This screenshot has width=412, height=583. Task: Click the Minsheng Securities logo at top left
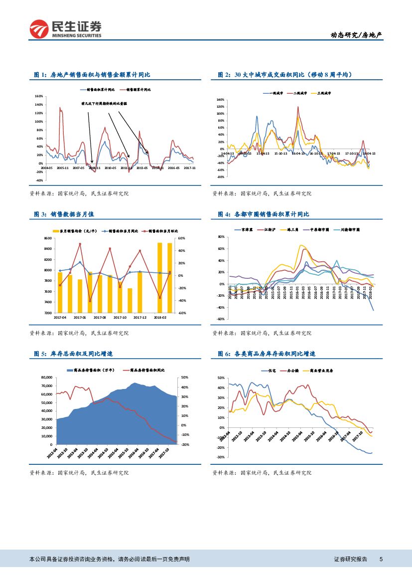click(65, 29)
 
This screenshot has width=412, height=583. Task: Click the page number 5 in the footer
click(381, 559)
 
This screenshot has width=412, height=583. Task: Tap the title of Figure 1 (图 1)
click(92, 75)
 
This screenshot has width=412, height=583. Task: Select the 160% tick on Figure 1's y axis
click(38, 96)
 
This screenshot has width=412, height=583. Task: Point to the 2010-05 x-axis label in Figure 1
click(110, 168)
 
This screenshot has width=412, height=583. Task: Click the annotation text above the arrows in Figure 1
click(104, 104)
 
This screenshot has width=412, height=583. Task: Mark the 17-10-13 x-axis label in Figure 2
click(352, 153)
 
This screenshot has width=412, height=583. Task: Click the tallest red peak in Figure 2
click(298, 107)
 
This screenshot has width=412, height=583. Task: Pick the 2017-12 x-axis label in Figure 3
click(139, 317)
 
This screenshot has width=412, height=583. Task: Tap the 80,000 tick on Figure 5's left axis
click(46, 378)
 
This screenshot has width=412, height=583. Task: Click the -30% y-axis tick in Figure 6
click(220, 457)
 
